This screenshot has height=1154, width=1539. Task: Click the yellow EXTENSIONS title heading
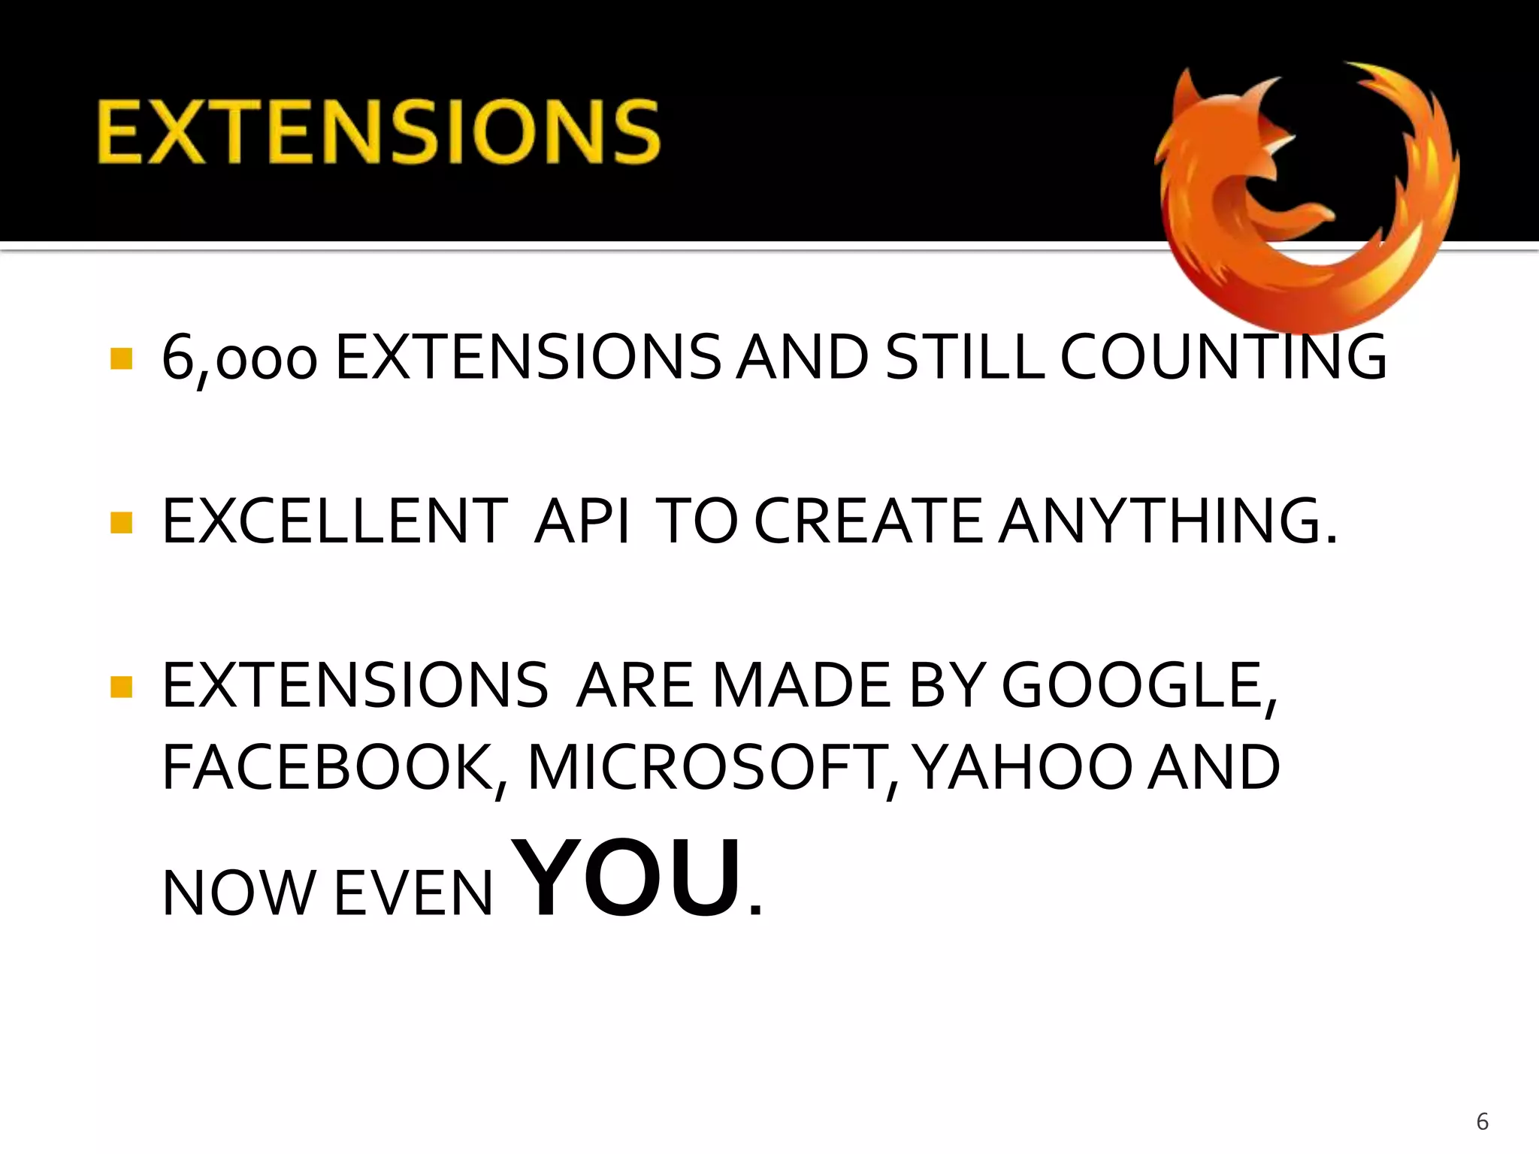378,132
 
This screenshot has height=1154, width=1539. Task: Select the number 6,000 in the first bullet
239,359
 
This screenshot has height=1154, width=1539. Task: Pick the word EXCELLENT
334,521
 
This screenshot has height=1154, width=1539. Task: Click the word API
582,521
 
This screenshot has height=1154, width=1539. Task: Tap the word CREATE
868,521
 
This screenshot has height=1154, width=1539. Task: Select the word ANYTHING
1169,521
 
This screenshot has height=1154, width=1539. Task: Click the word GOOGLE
1138,686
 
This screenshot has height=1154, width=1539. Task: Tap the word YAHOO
1024,768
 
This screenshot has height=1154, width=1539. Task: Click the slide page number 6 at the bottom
1482,1122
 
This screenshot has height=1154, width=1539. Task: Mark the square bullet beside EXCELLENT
121,522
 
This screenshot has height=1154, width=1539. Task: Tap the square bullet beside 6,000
121,358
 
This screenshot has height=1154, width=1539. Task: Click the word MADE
801,686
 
